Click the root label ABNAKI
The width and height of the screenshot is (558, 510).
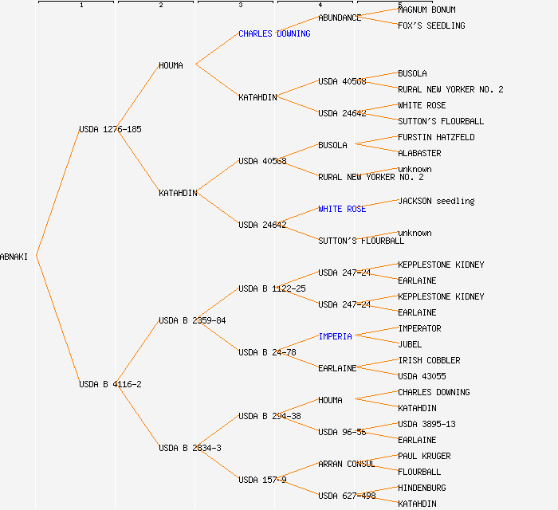point(14,257)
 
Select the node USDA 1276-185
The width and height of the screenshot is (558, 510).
point(110,129)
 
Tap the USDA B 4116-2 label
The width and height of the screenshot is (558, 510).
point(110,384)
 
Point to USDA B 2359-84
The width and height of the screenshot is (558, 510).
point(192,320)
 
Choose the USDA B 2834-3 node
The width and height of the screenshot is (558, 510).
point(190,448)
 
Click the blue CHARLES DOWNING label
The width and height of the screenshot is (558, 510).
point(274,33)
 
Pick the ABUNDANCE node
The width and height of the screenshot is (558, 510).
point(340,18)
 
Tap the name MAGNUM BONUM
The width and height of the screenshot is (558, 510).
point(426,10)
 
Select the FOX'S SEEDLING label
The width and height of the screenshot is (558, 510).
point(431,25)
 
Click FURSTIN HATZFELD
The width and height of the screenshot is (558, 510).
point(436,137)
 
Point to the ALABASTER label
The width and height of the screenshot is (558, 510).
point(419,153)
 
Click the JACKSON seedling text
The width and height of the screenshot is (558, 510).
point(436,201)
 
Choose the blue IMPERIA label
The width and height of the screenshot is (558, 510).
point(335,336)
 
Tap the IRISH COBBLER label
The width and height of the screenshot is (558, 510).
point(429,360)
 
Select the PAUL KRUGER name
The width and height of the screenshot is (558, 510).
point(424,456)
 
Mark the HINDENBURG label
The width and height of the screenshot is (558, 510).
point(422,488)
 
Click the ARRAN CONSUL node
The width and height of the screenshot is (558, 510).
point(346,464)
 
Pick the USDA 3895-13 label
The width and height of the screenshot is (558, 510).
point(426,424)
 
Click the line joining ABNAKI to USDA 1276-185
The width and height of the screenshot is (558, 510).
point(57,193)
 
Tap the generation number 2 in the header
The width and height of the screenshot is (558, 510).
point(160,6)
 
